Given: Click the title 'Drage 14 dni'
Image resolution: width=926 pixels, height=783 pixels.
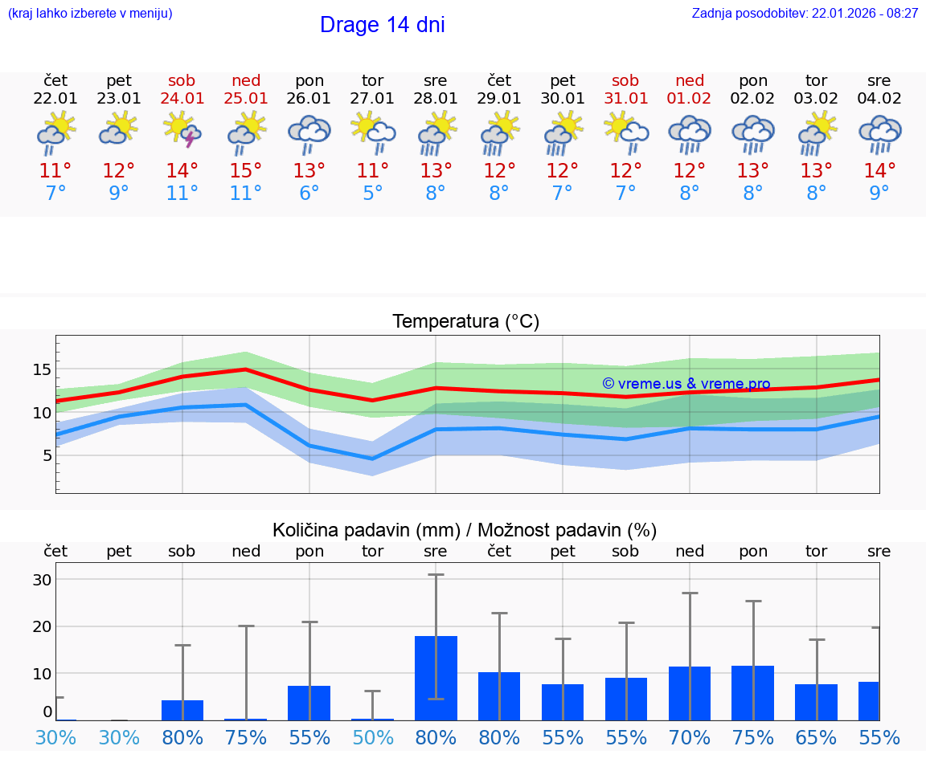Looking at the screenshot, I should [x=382, y=25].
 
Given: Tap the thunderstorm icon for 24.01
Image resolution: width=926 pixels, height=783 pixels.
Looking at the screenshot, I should [x=182, y=131].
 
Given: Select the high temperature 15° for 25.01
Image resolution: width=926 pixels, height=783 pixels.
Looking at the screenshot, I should [x=246, y=171].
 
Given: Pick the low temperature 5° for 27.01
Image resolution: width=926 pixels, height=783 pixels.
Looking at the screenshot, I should [x=372, y=194].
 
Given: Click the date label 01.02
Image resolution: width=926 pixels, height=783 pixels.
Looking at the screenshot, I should [x=689, y=99].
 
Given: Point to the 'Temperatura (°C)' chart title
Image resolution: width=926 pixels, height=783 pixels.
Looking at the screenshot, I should [x=465, y=322].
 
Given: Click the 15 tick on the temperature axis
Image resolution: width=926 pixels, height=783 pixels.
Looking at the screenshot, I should [x=42, y=369].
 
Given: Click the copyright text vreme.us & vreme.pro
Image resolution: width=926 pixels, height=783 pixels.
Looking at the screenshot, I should [x=686, y=384].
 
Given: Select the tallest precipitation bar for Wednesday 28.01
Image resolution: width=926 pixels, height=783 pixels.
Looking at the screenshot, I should [x=436, y=678].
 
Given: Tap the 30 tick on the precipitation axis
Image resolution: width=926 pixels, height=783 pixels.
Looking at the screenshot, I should [x=42, y=580].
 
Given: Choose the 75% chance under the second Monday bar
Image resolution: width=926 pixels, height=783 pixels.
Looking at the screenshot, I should [x=752, y=738].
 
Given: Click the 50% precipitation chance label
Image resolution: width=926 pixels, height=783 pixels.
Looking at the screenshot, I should [x=372, y=738].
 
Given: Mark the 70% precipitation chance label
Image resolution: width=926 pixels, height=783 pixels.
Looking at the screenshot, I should [x=689, y=738].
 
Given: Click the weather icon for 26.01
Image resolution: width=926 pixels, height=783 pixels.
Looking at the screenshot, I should [x=309, y=133].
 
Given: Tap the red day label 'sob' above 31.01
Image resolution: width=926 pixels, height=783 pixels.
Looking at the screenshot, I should [x=625, y=80].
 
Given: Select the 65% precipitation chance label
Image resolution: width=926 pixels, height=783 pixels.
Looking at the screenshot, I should [x=816, y=738].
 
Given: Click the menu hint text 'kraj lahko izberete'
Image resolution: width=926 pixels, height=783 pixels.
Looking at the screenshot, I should [x=89, y=14].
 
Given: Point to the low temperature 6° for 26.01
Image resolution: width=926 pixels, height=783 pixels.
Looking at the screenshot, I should [x=309, y=194].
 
